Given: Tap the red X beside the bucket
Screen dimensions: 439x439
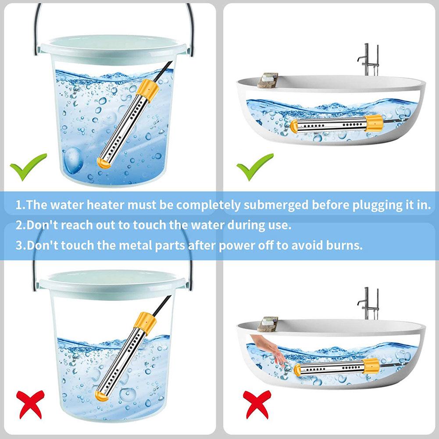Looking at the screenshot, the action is pyautogui.click(x=30, y=404).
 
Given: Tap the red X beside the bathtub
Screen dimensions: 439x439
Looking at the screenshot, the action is pyautogui.click(x=257, y=405).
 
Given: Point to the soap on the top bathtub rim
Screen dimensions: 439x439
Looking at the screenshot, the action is pyautogui.click(x=268, y=80).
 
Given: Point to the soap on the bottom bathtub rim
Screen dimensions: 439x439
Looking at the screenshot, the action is pyautogui.click(x=268, y=324).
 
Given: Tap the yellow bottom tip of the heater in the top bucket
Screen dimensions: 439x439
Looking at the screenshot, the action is pyautogui.click(x=104, y=163).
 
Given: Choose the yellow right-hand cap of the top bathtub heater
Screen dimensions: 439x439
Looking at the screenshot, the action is pyautogui.click(x=374, y=123).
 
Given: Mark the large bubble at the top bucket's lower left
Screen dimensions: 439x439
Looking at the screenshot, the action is pyautogui.click(x=73, y=161).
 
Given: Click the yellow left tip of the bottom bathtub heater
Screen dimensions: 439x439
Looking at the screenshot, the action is pyautogui.click(x=297, y=371).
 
